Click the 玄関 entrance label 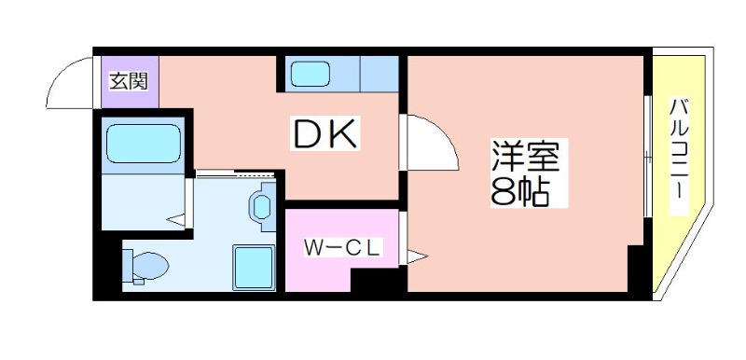130,80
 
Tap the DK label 325,136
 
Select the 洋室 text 525,155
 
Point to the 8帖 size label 518,192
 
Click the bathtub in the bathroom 143,144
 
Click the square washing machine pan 253,267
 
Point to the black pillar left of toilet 110,267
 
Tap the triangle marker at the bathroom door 175,220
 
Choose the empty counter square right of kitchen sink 379,73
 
